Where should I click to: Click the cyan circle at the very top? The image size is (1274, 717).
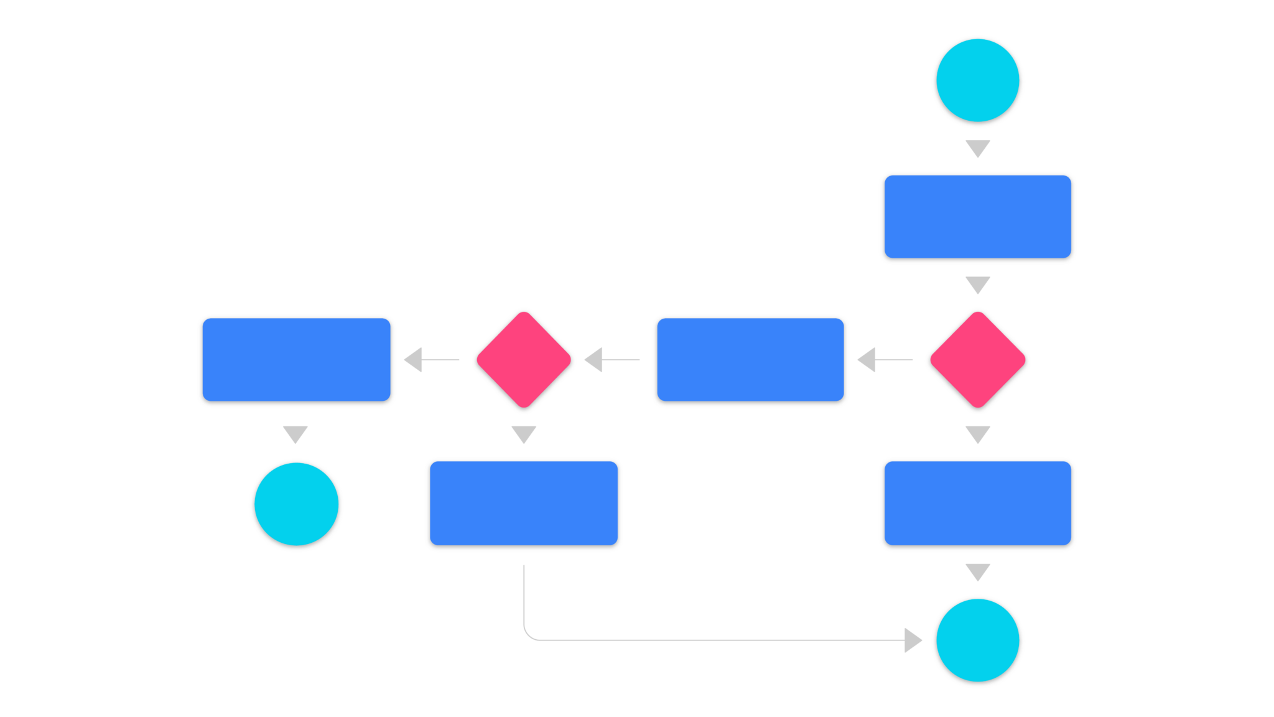pos(978,81)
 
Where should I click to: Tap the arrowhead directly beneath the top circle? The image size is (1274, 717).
pos(978,148)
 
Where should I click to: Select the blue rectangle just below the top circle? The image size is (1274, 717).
pos(978,217)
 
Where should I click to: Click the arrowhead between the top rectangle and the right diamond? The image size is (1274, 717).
pos(978,284)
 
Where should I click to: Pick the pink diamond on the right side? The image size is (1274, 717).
pos(978,360)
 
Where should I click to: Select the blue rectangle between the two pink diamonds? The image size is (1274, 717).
pos(750,361)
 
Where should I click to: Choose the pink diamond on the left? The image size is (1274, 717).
pos(524,360)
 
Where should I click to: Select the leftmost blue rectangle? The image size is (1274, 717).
pos(296,361)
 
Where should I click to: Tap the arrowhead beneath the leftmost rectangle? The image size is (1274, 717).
pos(295,434)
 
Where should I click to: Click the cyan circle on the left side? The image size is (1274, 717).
pos(296,505)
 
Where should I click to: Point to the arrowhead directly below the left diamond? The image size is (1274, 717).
pos(524,434)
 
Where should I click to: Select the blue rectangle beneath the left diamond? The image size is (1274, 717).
pos(524,504)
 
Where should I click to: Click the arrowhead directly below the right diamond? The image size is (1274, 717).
pos(978,434)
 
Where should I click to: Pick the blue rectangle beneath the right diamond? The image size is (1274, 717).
pos(978,504)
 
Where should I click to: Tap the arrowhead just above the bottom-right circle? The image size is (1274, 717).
pos(978,571)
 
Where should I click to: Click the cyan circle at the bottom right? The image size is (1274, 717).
pos(978,641)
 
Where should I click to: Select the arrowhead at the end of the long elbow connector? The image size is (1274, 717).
pos(913,640)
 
